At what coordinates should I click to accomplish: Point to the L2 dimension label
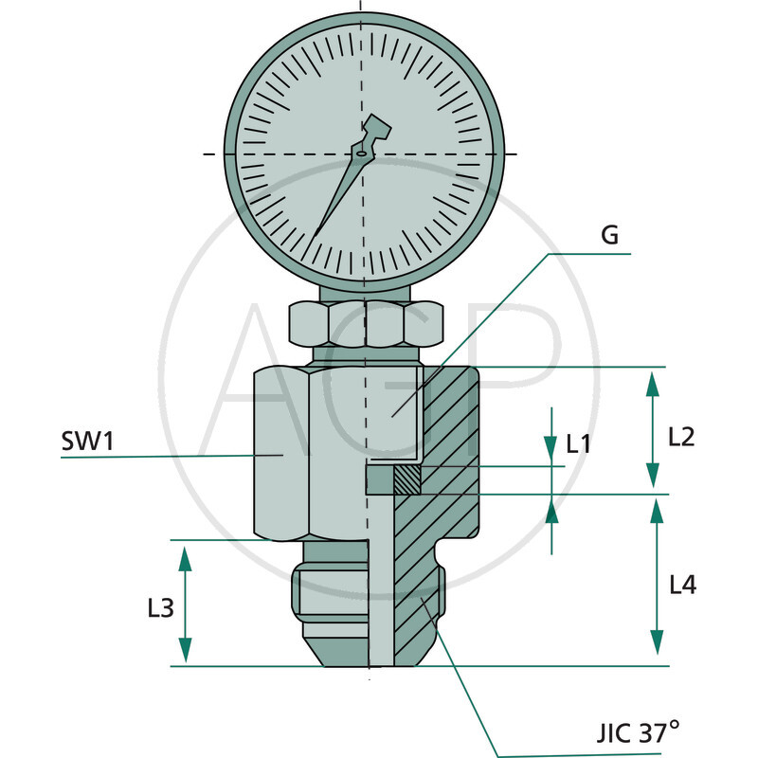point(681,437)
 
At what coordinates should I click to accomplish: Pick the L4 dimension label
point(682,585)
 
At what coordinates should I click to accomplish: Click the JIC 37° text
point(637,731)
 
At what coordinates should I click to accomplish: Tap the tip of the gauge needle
point(314,233)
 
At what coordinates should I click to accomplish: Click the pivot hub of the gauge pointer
point(361,152)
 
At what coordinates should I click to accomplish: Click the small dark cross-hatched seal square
point(408,481)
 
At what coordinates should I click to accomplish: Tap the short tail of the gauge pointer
point(376,128)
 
